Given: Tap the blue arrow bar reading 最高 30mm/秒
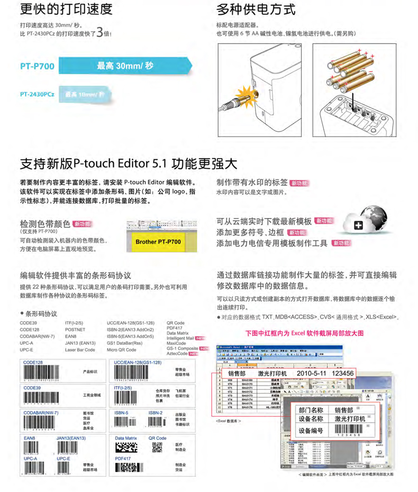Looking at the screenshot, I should tap(124, 67).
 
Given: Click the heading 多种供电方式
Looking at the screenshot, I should tap(256, 10).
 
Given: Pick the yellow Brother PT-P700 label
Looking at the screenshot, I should tap(158, 242).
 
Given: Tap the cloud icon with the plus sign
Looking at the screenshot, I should tap(358, 226).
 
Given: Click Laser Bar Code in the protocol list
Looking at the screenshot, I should tap(80, 350).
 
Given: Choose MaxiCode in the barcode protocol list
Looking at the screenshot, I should tap(176, 343).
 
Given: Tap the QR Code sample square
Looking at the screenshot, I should tap(157, 449).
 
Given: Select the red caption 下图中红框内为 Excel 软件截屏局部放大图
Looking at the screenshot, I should tap(305, 334).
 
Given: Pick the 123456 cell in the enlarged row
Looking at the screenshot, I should tap(343, 373).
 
